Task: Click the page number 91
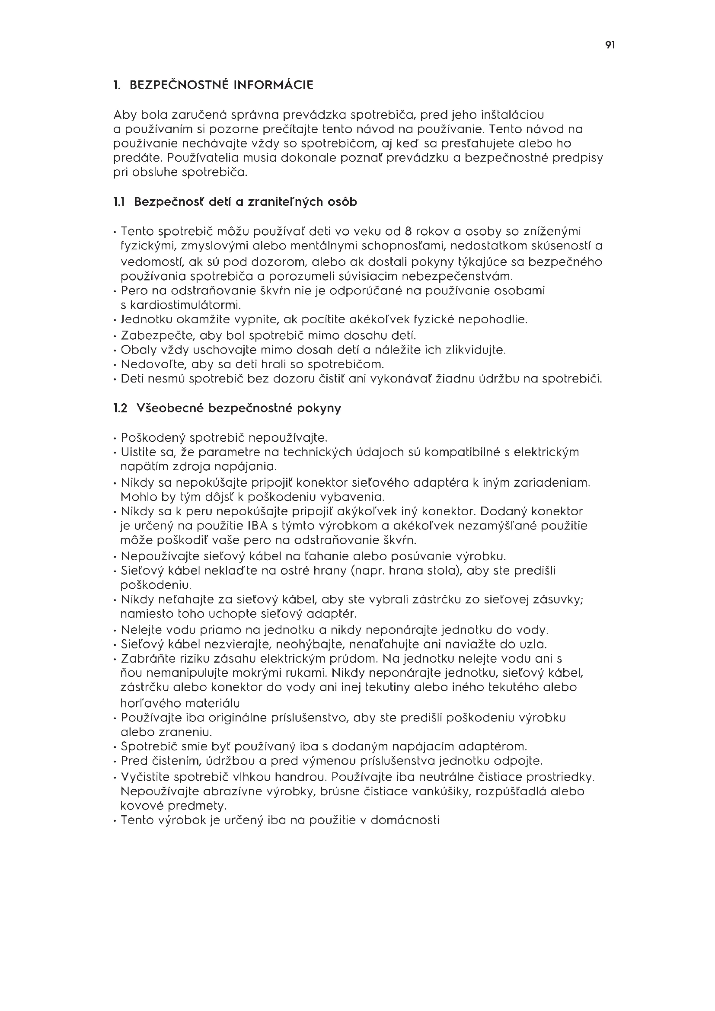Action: click(610, 45)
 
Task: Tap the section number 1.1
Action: click(119, 202)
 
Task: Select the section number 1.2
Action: click(120, 408)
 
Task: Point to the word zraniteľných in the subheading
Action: click(286, 202)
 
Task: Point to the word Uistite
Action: click(137, 452)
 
